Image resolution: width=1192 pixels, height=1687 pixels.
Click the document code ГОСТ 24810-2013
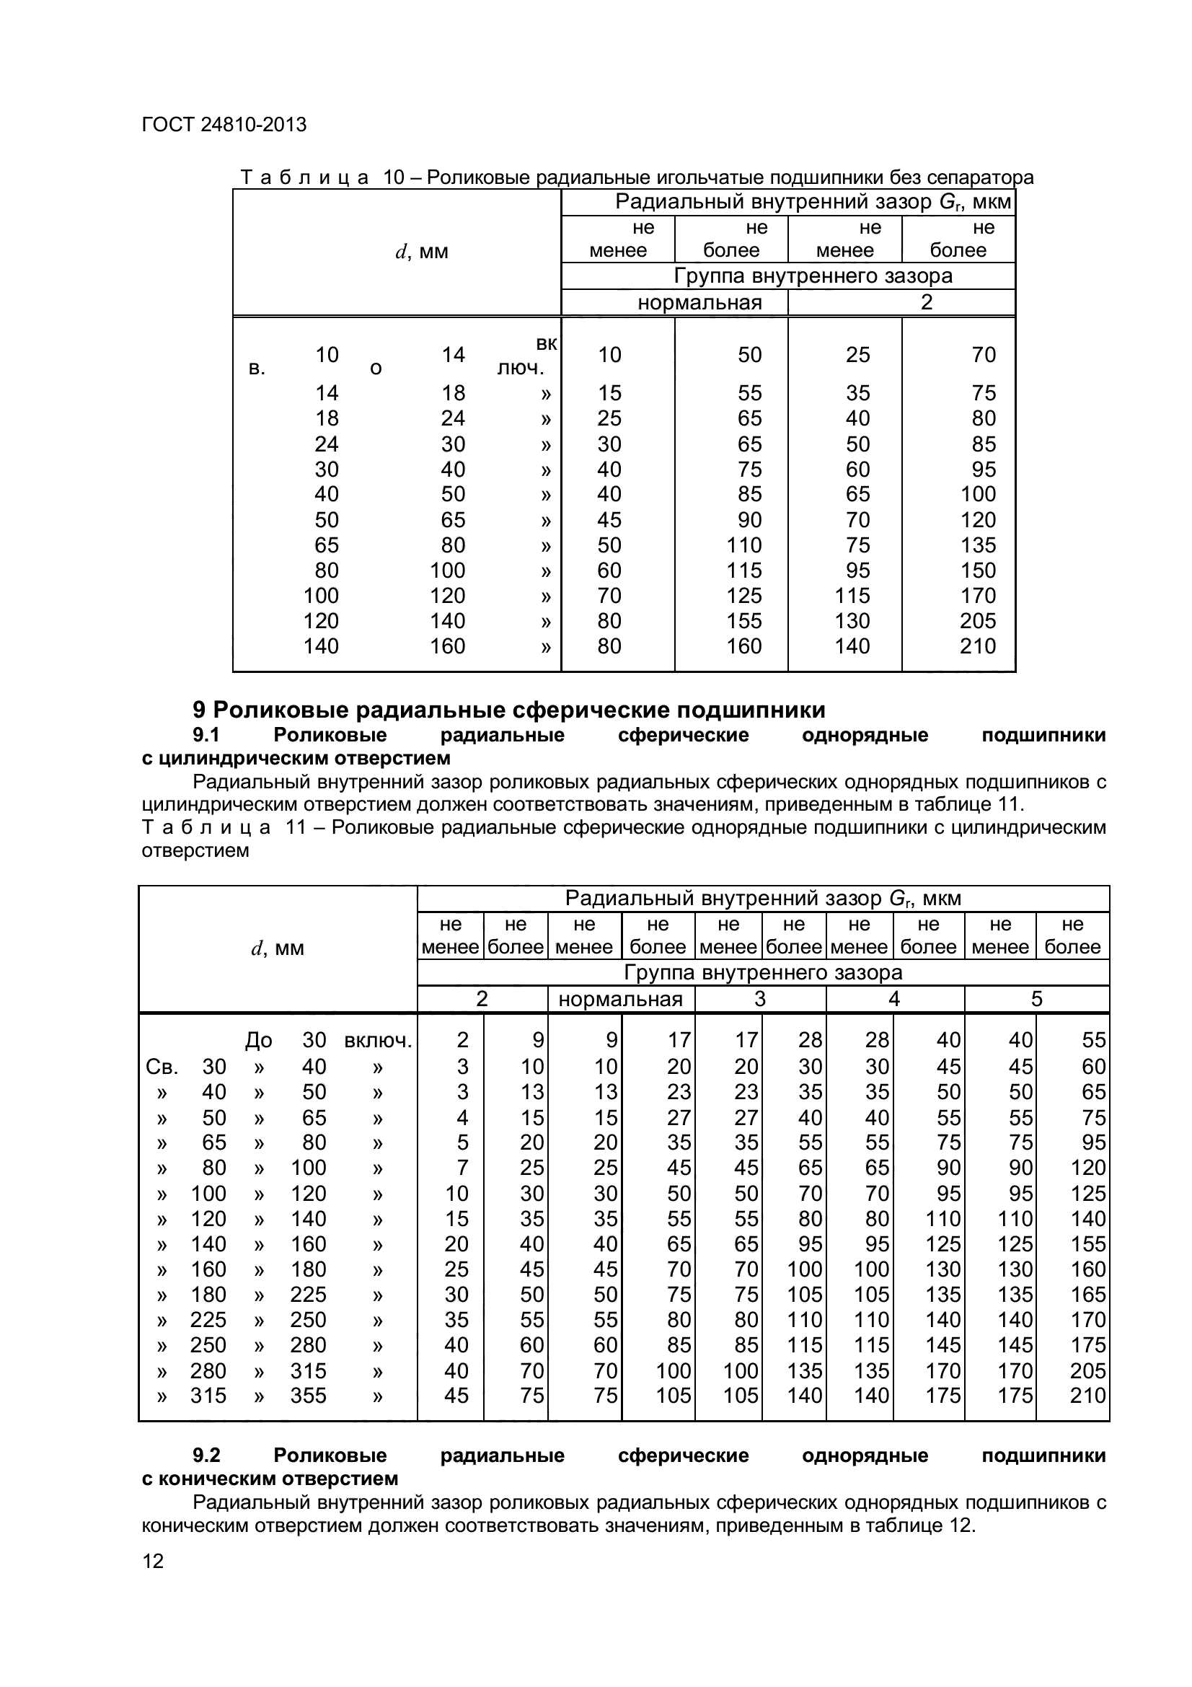(224, 125)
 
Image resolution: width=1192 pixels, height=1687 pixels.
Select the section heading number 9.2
(206, 1455)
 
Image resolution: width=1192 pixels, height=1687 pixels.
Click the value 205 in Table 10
(978, 621)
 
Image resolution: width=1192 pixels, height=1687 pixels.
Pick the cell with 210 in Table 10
(978, 646)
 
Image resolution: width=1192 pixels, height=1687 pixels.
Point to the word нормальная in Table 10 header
(699, 303)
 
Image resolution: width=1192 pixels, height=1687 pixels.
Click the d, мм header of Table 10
(422, 252)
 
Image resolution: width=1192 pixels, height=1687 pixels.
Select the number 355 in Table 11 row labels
(308, 1396)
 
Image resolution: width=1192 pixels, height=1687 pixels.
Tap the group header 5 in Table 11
(1036, 998)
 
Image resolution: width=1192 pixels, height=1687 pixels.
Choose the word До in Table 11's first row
(259, 1041)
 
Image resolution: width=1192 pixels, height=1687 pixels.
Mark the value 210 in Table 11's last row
(1087, 1396)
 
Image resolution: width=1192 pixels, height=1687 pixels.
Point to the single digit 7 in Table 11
(462, 1168)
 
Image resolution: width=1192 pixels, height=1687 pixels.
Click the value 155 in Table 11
(1087, 1244)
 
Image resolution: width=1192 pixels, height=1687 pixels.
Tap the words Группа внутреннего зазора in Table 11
(763, 972)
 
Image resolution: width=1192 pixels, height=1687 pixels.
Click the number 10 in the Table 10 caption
(394, 177)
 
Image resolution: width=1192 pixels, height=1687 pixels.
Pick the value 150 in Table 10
(978, 571)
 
